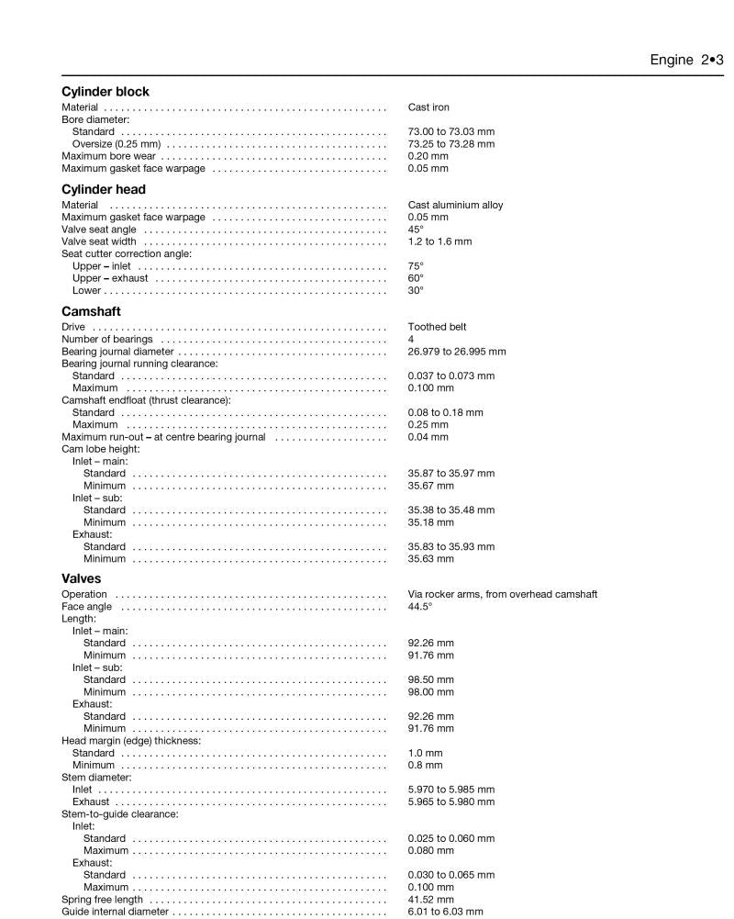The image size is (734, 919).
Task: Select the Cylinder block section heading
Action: tap(105, 92)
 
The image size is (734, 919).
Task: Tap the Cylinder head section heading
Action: tap(104, 189)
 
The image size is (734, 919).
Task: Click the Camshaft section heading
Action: tap(91, 311)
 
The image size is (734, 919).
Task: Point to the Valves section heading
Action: tap(81, 578)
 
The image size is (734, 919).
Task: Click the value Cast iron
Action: tap(428, 107)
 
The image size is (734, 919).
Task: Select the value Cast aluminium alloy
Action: tap(455, 205)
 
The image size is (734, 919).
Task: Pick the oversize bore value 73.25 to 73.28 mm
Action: tap(450, 144)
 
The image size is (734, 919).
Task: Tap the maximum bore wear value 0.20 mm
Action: tap(428, 156)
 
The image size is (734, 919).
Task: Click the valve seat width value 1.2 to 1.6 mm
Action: tap(439, 241)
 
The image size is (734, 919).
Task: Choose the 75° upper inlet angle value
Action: tap(416, 266)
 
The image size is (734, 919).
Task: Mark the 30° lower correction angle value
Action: tap(416, 290)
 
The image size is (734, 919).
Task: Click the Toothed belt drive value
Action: tap(438, 327)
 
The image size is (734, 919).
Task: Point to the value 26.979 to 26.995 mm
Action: tap(456, 352)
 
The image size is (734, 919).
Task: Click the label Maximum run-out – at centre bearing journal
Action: tap(163, 437)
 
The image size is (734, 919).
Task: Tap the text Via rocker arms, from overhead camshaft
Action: tap(502, 594)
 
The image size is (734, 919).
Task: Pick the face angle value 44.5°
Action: tap(419, 607)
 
